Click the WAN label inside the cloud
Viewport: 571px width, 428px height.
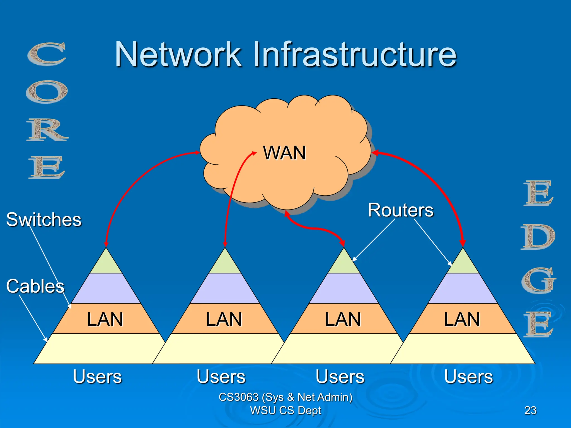point(284,153)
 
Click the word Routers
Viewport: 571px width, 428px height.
point(401,210)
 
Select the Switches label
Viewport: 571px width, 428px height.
point(44,220)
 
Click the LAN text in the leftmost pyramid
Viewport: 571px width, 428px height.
point(105,319)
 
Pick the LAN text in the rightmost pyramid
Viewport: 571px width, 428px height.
point(462,319)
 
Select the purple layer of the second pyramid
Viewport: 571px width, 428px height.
point(225,288)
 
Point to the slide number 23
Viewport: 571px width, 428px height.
point(530,410)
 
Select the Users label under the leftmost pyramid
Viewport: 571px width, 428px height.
point(97,376)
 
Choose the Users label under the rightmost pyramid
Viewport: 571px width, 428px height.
point(468,376)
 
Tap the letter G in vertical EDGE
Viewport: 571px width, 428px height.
point(538,281)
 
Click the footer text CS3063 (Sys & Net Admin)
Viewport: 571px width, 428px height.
point(285,397)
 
